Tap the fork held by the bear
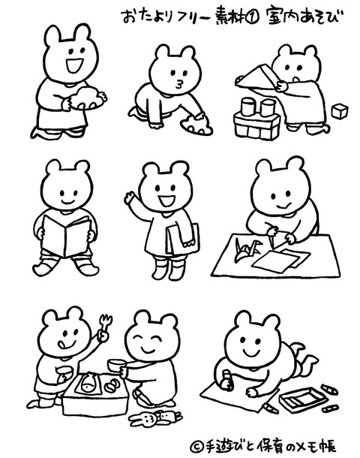click(x=105, y=324)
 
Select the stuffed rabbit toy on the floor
click(x=155, y=418)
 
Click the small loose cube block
click(x=340, y=111)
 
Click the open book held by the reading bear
click(x=66, y=236)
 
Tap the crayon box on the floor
click(x=302, y=399)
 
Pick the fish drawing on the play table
click(x=88, y=385)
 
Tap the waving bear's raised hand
click(x=129, y=197)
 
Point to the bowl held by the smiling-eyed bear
click(x=116, y=365)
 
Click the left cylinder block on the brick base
click(x=248, y=107)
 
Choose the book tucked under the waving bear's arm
click(x=184, y=239)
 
